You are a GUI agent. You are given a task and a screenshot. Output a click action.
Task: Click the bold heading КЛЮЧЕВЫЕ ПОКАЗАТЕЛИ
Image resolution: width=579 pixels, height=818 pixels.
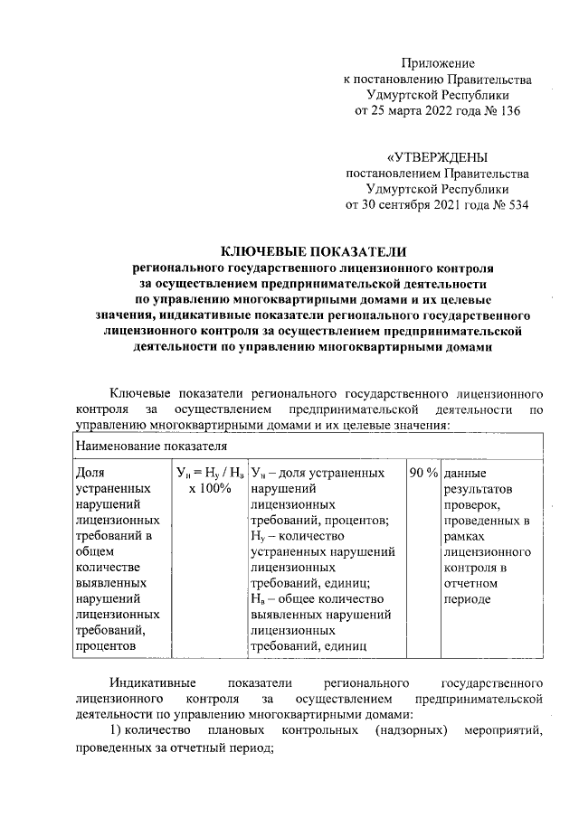click(315, 252)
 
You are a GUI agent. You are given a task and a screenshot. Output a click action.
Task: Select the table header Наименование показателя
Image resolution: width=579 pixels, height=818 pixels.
click(150, 446)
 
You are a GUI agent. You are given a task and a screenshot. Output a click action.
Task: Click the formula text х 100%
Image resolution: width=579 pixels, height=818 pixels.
click(210, 489)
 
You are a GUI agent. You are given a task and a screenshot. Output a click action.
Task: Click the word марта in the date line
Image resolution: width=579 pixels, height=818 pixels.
click(396, 111)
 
